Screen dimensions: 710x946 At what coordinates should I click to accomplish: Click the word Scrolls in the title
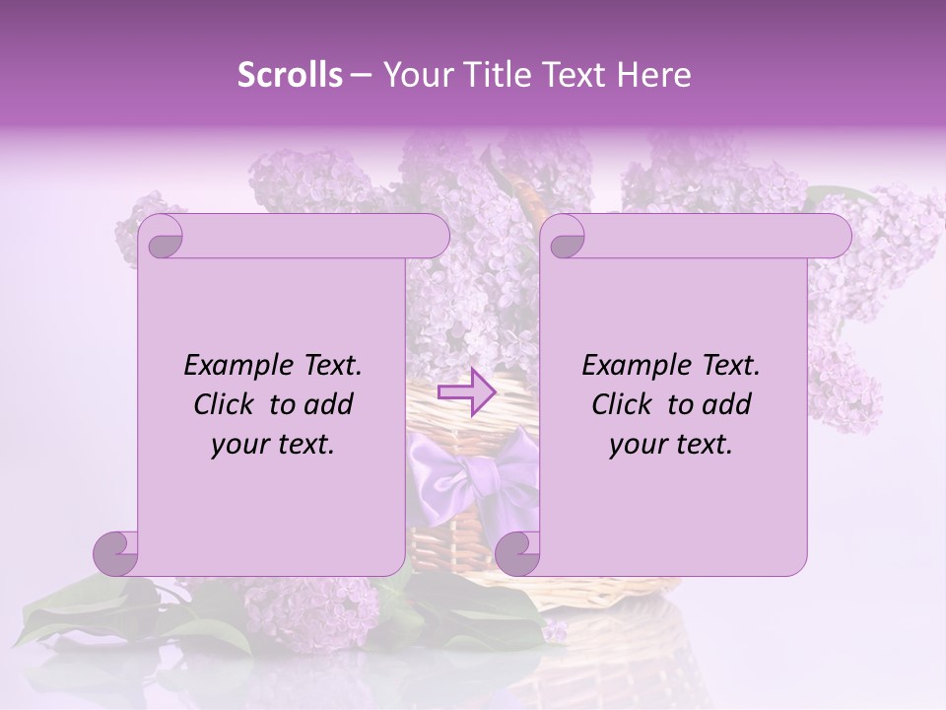pyautogui.click(x=290, y=75)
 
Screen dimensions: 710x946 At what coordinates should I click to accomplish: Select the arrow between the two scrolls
pyautogui.click(x=467, y=392)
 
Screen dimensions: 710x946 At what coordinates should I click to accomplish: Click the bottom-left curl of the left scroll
pyautogui.click(x=116, y=552)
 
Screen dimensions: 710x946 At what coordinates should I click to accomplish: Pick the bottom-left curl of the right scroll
pyautogui.click(x=518, y=552)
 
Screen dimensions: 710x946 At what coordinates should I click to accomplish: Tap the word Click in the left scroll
pyautogui.click(x=225, y=404)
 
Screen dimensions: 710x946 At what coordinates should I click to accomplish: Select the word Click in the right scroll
pyautogui.click(x=623, y=404)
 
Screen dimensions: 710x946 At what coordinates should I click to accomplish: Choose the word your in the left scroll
pyautogui.click(x=237, y=445)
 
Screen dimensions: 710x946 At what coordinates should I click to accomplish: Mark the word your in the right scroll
pyautogui.click(x=636, y=445)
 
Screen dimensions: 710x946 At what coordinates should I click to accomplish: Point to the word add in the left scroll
pyautogui.click(x=330, y=404)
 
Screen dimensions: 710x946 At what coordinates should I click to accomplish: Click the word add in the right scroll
pyautogui.click(x=728, y=404)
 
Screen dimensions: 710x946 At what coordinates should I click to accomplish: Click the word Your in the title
pyautogui.click(x=414, y=75)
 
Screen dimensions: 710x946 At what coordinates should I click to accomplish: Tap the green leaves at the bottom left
pyautogui.click(x=79, y=616)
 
